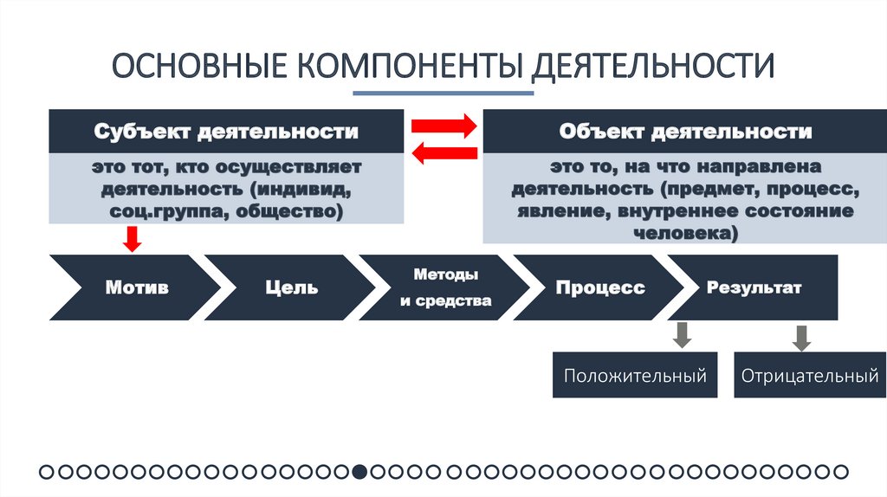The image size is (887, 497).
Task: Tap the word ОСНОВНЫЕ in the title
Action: coord(200,67)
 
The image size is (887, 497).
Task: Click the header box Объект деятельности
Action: coord(685,132)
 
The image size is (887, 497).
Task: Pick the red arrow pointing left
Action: coord(443,154)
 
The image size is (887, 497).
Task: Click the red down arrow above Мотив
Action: coord(133,238)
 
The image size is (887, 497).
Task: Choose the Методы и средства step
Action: coord(445,287)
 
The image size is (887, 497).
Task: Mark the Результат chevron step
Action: coord(754,287)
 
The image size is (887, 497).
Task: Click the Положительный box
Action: coord(635,376)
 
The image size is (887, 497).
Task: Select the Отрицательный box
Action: coord(809,376)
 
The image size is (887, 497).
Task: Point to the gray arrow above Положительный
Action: coord(683,335)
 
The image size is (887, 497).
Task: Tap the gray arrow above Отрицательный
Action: coord(801,337)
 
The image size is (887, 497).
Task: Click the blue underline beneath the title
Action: coord(442,93)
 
